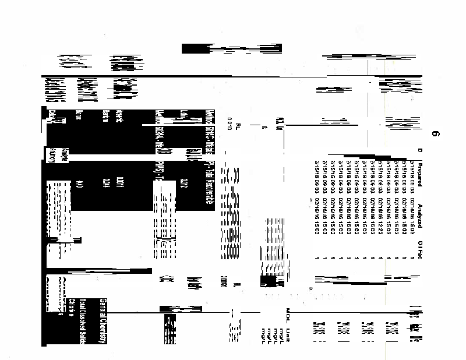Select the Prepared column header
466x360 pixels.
pyautogui.click(x=418, y=174)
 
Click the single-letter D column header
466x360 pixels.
pyautogui.click(x=418, y=153)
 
